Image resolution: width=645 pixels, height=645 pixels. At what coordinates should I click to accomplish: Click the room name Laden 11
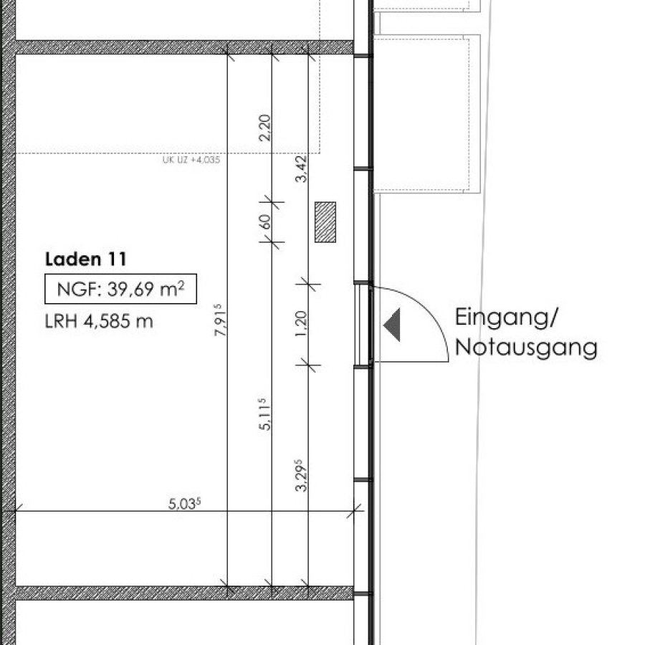tap(86, 259)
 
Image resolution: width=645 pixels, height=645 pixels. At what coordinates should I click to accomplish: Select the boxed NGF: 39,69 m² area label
tap(120, 289)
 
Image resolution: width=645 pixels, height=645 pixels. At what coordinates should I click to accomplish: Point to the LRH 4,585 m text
tap(99, 321)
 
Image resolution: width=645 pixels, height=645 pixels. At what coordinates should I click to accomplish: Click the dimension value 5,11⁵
tap(264, 414)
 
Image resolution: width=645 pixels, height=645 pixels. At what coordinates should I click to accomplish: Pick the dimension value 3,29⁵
tap(301, 476)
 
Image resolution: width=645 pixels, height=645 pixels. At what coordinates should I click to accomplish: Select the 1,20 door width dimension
tap(301, 323)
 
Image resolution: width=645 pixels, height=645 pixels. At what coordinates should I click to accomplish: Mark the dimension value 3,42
tap(301, 168)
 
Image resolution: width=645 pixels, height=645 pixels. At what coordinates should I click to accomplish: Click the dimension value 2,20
tap(265, 128)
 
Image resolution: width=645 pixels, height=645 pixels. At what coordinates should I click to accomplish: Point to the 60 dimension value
tap(265, 222)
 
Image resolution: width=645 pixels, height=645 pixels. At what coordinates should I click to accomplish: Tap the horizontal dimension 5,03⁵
tap(185, 504)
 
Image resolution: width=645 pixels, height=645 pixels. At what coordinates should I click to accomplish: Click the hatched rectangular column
tap(325, 222)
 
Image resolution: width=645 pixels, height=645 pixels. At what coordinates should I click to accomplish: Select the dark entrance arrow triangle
tap(392, 325)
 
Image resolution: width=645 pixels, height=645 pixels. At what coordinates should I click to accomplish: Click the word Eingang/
tap(506, 317)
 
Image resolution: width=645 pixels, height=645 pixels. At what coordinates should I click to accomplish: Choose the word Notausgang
tap(526, 348)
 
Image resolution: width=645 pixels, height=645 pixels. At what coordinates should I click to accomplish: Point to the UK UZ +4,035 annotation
tap(191, 160)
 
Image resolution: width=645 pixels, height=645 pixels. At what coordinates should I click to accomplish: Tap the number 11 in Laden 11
tap(118, 259)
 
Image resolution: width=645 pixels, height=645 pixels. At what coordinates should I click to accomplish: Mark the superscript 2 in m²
tap(181, 285)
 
